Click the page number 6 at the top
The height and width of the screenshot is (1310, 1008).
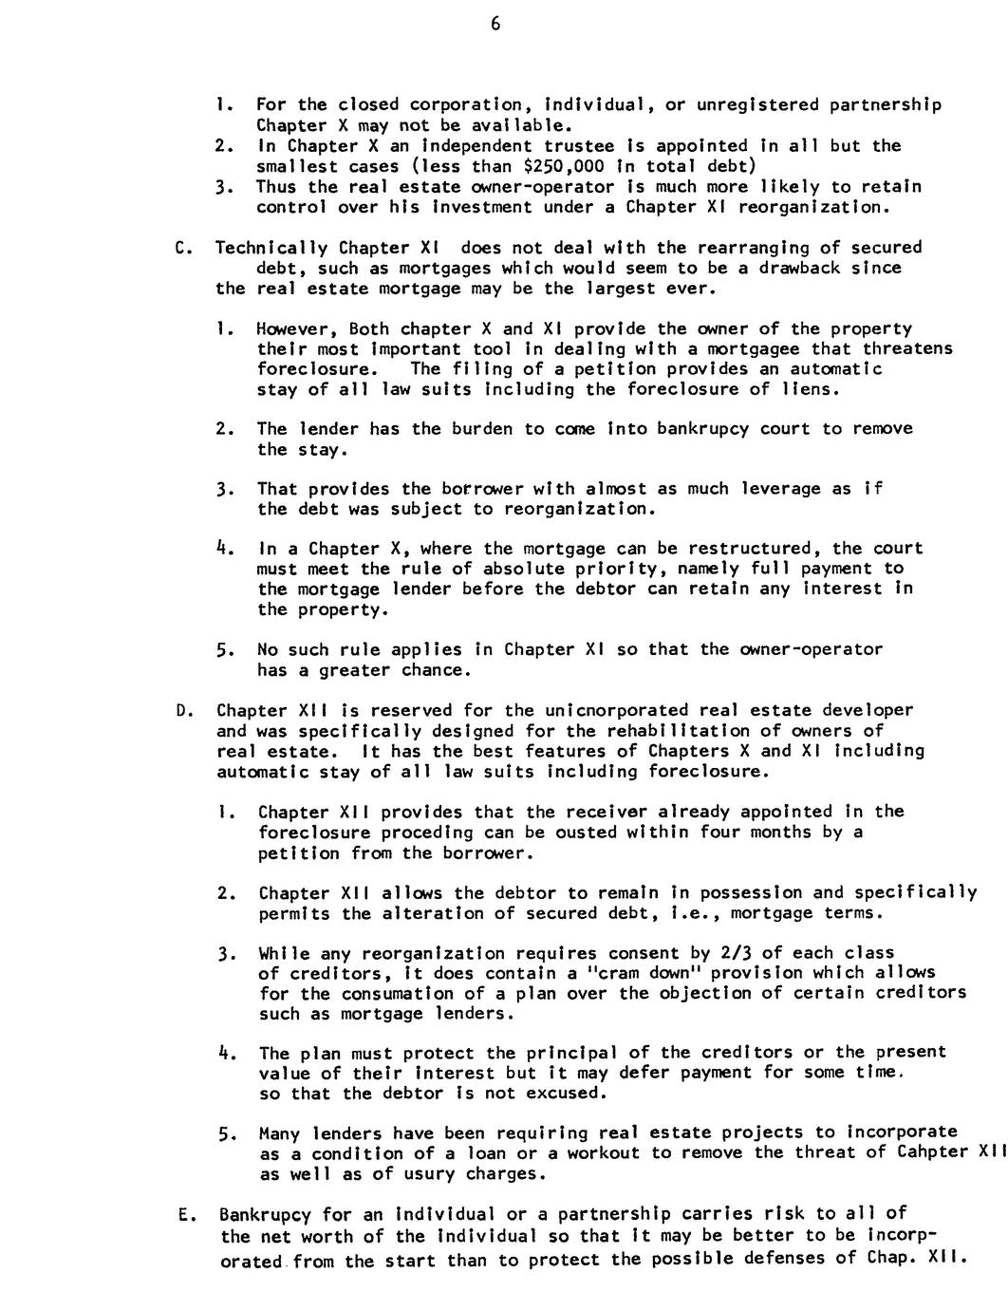coord(495,26)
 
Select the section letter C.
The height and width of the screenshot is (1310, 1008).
coord(180,249)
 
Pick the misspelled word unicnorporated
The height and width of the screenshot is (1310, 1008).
coord(617,710)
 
